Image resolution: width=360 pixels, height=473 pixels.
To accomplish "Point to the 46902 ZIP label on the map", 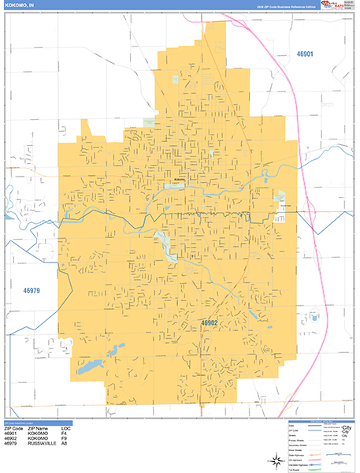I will coord(210,322).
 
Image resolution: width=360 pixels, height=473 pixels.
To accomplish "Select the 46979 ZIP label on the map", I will coord(31,291).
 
